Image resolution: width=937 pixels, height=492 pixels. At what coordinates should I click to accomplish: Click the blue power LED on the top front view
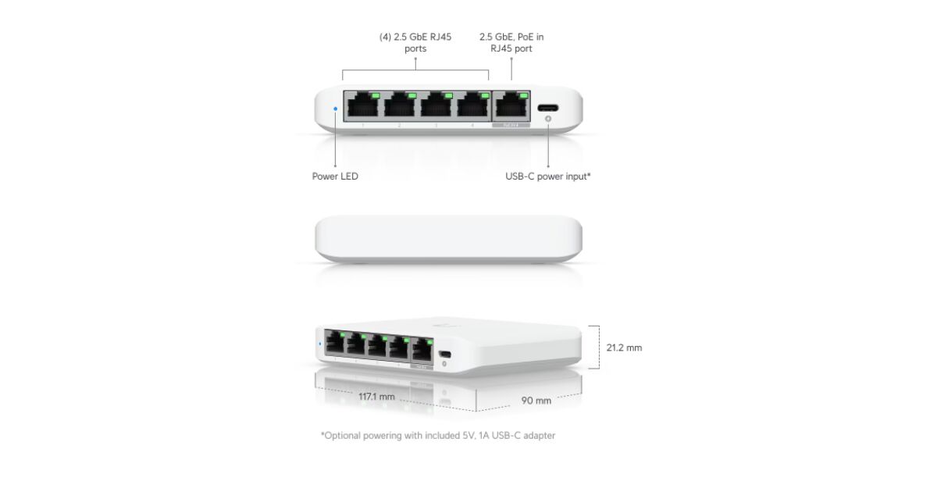point(336,109)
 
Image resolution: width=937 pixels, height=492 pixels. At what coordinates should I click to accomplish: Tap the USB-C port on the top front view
point(548,108)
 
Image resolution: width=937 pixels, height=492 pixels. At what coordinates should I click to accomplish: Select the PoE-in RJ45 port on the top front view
point(511,106)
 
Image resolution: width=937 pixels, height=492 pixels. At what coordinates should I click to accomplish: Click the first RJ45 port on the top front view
point(362,106)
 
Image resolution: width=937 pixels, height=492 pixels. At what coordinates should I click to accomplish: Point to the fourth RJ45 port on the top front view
point(473,106)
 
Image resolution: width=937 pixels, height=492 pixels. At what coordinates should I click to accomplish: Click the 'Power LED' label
point(335,176)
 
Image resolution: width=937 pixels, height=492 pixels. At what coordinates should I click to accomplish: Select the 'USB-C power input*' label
point(548,176)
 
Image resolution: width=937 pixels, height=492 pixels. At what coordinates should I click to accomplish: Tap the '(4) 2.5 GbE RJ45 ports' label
point(415,43)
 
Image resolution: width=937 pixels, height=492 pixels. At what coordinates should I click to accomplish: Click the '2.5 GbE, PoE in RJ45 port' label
point(511,43)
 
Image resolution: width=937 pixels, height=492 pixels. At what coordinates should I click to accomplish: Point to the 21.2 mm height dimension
point(624,348)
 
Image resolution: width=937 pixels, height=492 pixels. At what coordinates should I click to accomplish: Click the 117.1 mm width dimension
point(376,397)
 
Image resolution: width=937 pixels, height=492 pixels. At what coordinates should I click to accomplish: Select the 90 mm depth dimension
point(536,401)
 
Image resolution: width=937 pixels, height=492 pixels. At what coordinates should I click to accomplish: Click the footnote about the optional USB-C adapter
point(438,436)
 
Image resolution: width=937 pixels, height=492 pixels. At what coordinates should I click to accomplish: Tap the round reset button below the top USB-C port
point(548,119)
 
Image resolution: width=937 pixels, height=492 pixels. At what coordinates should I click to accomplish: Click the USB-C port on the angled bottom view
point(445,355)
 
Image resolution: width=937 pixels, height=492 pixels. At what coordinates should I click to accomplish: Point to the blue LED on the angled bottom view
point(320,344)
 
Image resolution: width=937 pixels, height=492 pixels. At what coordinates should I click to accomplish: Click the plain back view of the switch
point(448,239)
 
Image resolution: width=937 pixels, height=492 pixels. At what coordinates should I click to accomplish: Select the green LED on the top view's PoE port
point(523,96)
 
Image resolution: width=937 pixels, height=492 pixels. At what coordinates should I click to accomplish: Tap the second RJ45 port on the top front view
point(400,106)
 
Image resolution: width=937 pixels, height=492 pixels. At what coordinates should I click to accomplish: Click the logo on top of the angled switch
point(441,325)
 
